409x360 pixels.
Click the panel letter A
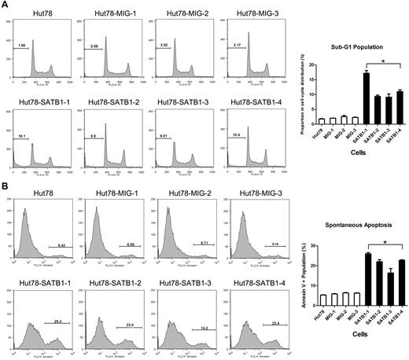[6, 6]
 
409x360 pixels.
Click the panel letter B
[6, 186]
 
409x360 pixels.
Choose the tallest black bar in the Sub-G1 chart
[367, 97]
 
